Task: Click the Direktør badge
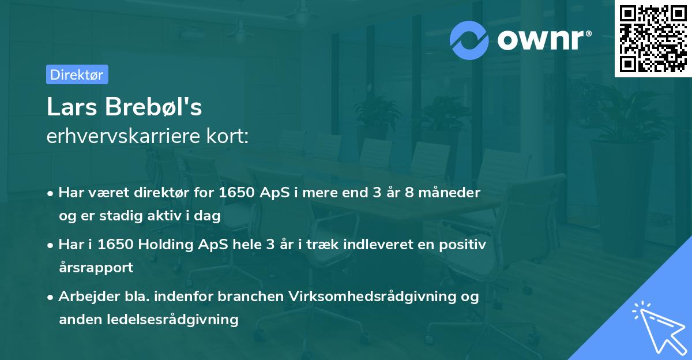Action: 77,74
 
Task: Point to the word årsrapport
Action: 96,268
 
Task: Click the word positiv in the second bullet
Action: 465,245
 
